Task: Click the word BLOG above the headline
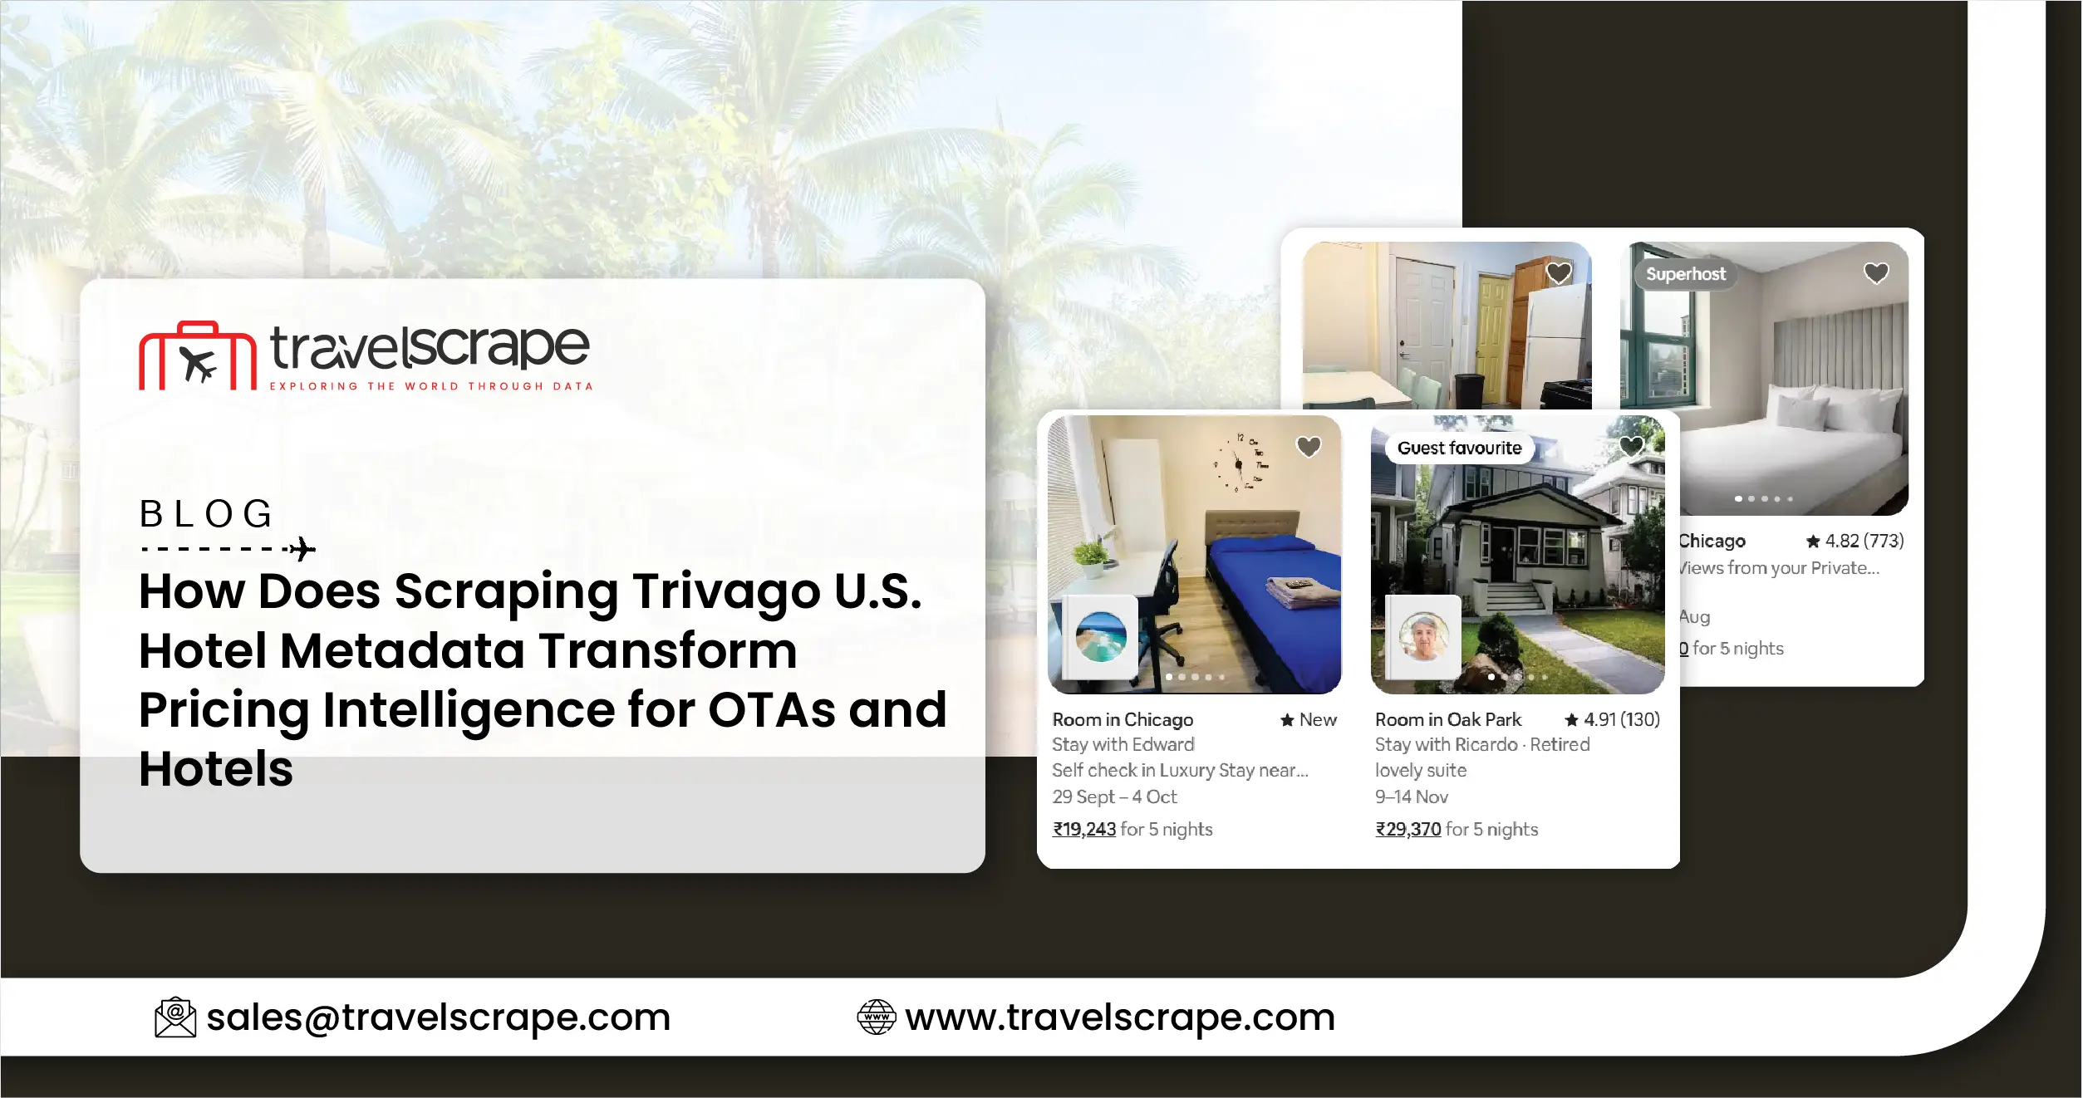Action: coord(206,514)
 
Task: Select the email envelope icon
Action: coord(175,1017)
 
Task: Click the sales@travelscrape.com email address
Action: coord(438,1017)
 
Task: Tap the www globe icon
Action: coord(876,1017)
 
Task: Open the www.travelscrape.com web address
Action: coord(1119,1017)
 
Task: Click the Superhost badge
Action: coord(1685,274)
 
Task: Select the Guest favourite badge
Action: coord(1459,449)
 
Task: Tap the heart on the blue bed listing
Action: coord(1309,447)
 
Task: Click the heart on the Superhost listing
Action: coord(1876,273)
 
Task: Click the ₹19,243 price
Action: coord(1083,829)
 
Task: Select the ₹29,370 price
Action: coord(1407,829)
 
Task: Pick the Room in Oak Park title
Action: coord(1447,719)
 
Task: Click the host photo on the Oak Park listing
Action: coord(1423,637)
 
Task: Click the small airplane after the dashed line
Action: coord(302,549)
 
